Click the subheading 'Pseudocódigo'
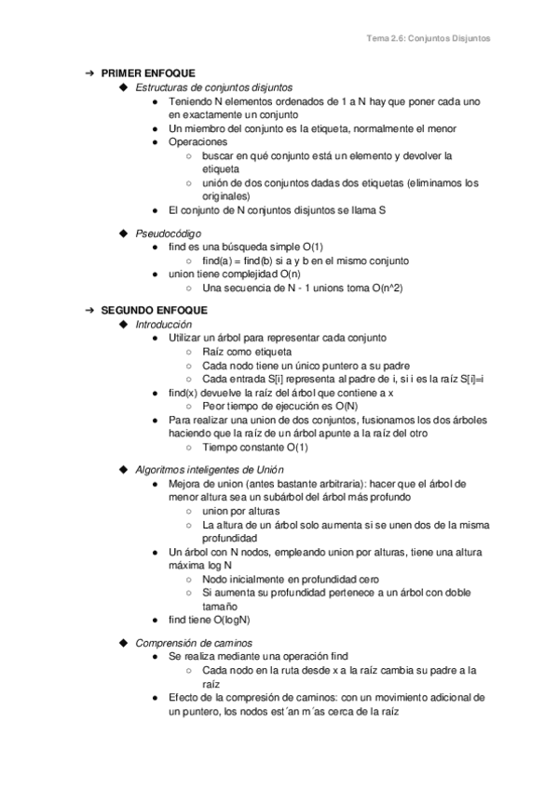(x=168, y=233)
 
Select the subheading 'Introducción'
(x=164, y=324)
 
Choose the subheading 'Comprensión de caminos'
(x=193, y=642)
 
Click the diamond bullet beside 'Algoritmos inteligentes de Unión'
(x=124, y=469)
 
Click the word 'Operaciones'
(x=197, y=142)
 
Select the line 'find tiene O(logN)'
(x=209, y=619)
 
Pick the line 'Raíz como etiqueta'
(x=246, y=352)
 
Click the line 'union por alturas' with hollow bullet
(x=241, y=511)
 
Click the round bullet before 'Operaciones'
(x=156, y=142)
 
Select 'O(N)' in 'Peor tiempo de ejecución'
(x=346, y=407)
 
